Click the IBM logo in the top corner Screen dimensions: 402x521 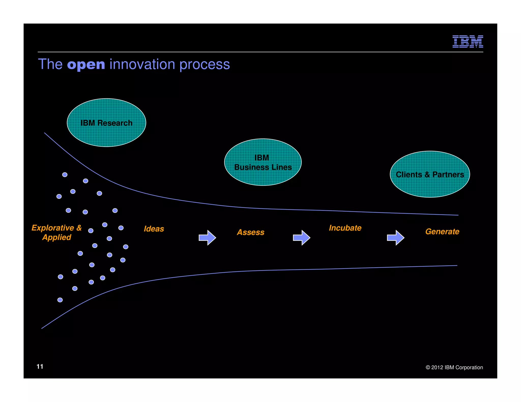[x=468, y=41]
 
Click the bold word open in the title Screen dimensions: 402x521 [x=86, y=65]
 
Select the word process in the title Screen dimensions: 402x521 [x=205, y=65]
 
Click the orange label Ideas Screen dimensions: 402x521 [x=154, y=229]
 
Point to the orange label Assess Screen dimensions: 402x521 [x=251, y=232]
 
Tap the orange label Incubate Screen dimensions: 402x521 [x=345, y=228]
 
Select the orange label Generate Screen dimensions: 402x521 [x=442, y=231]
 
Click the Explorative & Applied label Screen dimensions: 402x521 [x=56, y=233]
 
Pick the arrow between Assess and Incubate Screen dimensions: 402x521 [x=301, y=238]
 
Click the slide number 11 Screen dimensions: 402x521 [x=40, y=366]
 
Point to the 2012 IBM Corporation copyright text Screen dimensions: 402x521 [x=454, y=367]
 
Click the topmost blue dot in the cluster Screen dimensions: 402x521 [x=65, y=175]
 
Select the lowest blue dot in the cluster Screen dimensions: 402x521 [x=60, y=300]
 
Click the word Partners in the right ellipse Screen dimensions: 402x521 [x=448, y=175]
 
